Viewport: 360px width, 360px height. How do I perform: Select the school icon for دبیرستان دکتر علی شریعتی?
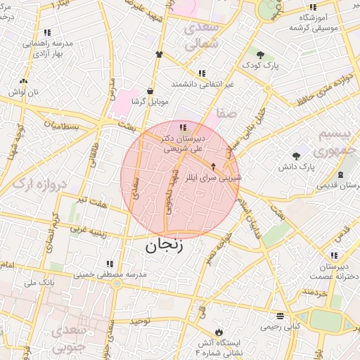point(184,127)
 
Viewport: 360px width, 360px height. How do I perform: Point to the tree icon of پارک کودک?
point(260,54)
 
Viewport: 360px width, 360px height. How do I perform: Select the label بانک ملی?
point(39,283)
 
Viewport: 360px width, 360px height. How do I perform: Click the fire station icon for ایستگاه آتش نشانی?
point(219,330)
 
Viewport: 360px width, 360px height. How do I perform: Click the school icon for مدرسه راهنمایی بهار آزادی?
point(47,32)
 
